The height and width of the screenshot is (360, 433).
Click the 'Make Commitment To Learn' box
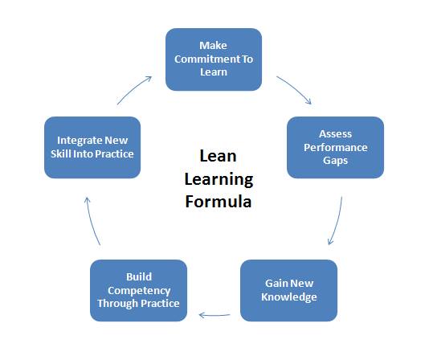click(214, 59)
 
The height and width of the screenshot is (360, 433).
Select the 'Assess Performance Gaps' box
click(335, 147)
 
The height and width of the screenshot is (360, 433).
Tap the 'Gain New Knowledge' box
click(288, 290)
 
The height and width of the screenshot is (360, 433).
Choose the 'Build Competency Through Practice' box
click(138, 290)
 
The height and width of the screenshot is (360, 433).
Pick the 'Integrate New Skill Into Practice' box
click(92, 147)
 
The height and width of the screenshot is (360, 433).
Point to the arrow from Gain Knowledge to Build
click(214, 315)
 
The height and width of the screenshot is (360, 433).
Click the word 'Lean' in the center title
click(218, 156)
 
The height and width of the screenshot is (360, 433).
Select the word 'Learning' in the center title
click(219, 180)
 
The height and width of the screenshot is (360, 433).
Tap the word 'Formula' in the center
click(219, 202)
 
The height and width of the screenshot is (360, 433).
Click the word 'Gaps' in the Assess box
click(335, 161)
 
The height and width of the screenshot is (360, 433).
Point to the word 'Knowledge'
click(289, 297)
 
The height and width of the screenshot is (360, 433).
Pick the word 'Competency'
click(139, 291)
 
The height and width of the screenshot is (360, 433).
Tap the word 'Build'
click(139, 277)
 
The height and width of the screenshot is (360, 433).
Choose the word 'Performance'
click(336, 148)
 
